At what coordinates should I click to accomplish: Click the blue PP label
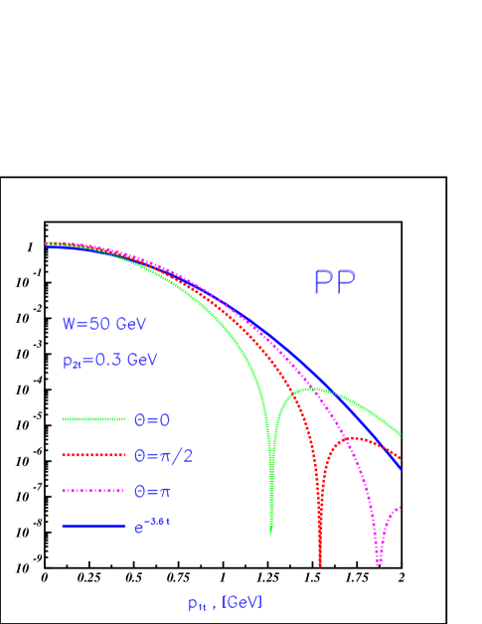(334, 283)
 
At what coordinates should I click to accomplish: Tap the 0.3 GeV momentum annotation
(109, 361)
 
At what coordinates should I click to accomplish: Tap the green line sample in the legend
(92, 419)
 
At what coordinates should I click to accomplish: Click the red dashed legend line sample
(92, 455)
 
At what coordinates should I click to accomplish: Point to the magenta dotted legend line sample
(92, 491)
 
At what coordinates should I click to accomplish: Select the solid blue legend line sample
(92, 526)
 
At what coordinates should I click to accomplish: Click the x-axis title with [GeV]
(225, 603)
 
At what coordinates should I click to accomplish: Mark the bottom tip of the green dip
(270, 535)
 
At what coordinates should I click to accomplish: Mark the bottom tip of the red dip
(320, 565)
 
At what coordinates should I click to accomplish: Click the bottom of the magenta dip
(379, 564)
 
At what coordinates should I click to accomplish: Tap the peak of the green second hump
(314, 389)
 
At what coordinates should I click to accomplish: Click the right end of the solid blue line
(401, 467)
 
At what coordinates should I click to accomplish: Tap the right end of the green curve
(401, 434)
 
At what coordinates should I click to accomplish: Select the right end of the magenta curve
(401, 507)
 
